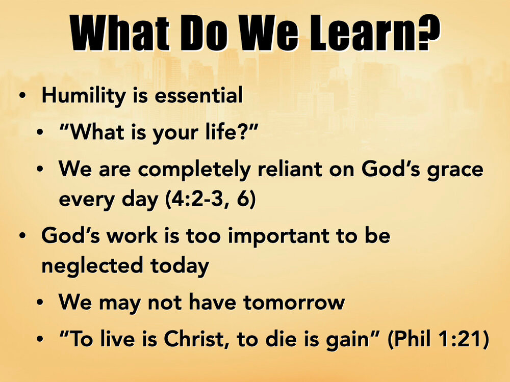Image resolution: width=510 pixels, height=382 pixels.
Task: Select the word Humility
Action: coord(84,96)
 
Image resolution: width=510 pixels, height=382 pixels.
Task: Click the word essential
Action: coord(199,96)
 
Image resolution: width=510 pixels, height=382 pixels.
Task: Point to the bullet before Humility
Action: coord(22,96)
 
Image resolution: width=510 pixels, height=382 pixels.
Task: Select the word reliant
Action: coord(290,169)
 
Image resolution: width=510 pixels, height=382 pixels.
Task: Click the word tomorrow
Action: coord(294,303)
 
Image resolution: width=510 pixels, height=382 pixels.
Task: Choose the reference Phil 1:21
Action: coord(438,339)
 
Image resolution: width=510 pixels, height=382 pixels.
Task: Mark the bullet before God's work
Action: coord(22,237)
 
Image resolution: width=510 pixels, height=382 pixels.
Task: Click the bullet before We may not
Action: coord(40,303)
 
